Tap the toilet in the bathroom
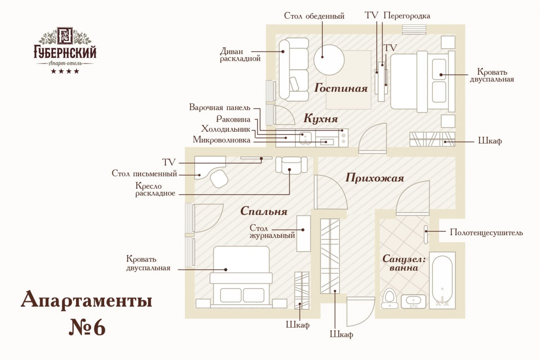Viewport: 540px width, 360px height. (389, 298)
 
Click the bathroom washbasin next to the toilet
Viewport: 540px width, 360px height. (413, 301)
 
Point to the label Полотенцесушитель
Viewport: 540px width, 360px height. (486, 233)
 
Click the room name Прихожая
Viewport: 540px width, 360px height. (375, 178)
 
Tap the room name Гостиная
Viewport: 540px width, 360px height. (341, 89)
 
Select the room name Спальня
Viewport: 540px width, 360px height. (264, 211)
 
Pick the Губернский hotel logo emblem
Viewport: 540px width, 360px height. (65, 37)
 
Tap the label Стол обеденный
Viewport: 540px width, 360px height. (314, 16)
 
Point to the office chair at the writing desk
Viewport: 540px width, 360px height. (219, 179)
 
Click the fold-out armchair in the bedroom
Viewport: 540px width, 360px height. (291, 165)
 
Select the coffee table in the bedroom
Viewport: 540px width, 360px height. (303, 233)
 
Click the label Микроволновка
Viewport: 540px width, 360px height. (221, 140)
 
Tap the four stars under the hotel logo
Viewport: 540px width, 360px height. (65, 71)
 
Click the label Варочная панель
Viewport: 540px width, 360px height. (219, 108)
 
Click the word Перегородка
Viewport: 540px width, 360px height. (407, 16)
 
